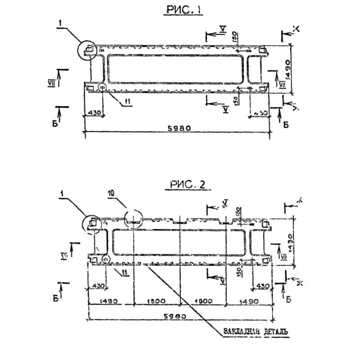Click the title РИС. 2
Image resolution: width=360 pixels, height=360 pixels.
188,184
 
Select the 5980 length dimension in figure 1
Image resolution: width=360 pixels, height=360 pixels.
180,128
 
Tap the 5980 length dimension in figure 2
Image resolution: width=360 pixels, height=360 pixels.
180,317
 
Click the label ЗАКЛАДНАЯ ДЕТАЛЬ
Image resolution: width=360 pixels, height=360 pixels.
255,332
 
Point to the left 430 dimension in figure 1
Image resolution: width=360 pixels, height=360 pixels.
94,112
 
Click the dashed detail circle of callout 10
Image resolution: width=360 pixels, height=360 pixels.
134,219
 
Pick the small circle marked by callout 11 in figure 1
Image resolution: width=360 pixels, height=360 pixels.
102,87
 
